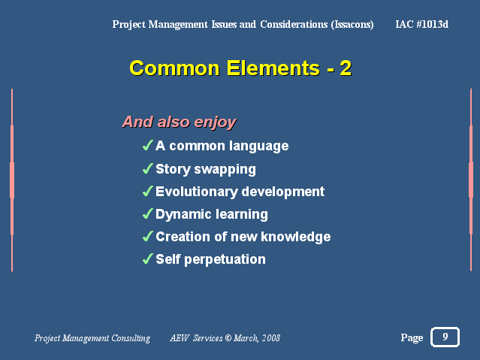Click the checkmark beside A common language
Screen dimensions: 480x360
click(x=147, y=145)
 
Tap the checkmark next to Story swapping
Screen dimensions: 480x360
click(x=147, y=168)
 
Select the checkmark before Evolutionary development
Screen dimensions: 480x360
click(x=147, y=191)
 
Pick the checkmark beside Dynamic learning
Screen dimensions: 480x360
click(x=147, y=213)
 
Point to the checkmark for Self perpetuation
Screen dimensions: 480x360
click(x=147, y=259)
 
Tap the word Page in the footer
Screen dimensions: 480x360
click(x=412, y=337)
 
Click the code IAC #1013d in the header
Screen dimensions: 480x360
click(x=422, y=24)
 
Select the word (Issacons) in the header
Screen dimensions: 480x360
click(x=352, y=25)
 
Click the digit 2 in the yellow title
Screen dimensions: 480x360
click(x=346, y=68)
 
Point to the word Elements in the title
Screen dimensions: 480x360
click(x=273, y=68)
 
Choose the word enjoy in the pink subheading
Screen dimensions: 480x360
click(x=215, y=123)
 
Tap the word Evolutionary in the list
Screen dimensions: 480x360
click(x=197, y=192)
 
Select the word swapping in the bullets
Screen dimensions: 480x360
click(x=225, y=169)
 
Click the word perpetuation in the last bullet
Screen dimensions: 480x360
click(x=225, y=260)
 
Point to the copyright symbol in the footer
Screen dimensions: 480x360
click(x=228, y=337)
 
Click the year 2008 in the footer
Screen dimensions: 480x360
click(x=271, y=337)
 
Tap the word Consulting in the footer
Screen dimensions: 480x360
click(x=131, y=338)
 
